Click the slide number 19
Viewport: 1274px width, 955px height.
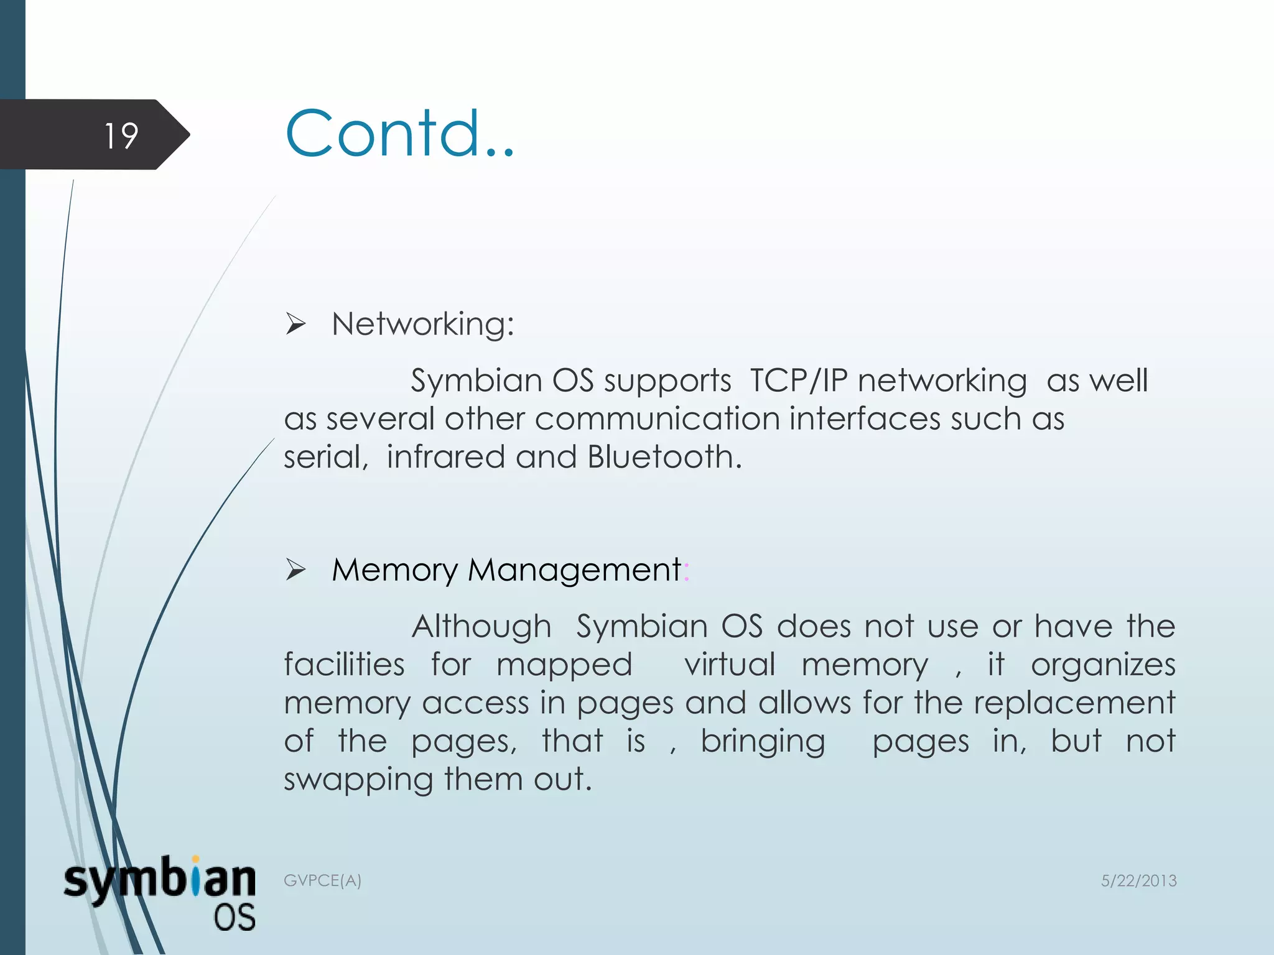(121, 136)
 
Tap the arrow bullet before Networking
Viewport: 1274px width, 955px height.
(295, 324)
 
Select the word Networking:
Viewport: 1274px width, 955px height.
(423, 324)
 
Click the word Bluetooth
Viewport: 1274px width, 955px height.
(664, 457)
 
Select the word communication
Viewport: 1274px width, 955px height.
(657, 419)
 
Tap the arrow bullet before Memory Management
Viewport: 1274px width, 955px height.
(295, 570)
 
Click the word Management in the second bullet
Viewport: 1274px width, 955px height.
(574, 570)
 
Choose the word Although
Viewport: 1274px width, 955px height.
(481, 627)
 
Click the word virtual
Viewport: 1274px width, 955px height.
(730, 665)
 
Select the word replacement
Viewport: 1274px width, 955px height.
(1074, 703)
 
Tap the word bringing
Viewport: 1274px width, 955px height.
(763, 742)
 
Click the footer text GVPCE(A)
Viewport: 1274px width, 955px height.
(322, 880)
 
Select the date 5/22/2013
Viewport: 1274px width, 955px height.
(1138, 880)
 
